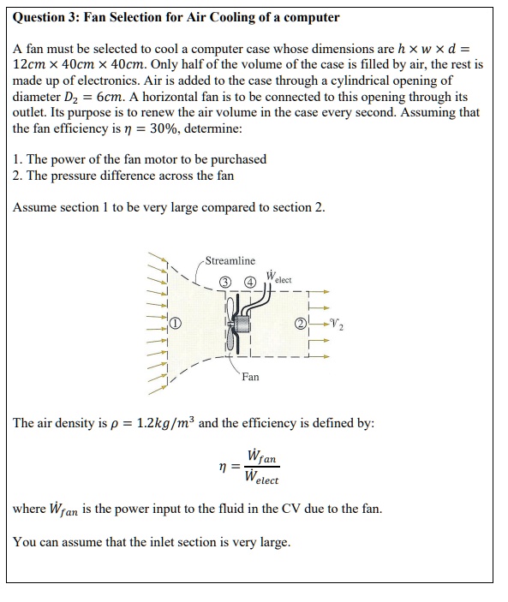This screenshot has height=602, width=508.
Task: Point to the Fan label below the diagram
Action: [x=250, y=376]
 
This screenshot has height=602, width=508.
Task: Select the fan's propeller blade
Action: [x=229, y=324]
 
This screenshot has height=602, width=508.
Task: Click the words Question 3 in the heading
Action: [x=48, y=17]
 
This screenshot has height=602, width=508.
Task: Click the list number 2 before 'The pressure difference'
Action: [x=18, y=176]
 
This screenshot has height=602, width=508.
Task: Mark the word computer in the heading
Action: [x=311, y=17]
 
